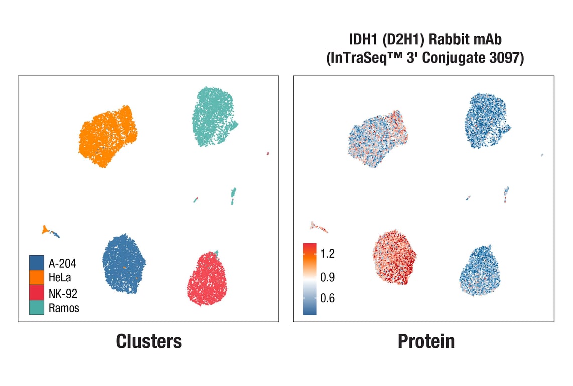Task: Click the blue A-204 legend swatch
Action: pyautogui.click(x=36, y=262)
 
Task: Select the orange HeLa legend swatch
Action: pyautogui.click(x=36, y=277)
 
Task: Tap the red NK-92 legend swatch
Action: pyautogui.click(x=36, y=293)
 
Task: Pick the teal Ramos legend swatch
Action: pyautogui.click(x=36, y=308)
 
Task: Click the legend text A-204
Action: pyautogui.click(x=62, y=262)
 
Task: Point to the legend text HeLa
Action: pyautogui.click(x=60, y=277)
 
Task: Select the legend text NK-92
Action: pyautogui.click(x=63, y=293)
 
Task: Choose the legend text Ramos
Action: pyautogui.click(x=64, y=308)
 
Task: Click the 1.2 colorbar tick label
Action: pyautogui.click(x=327, y=254)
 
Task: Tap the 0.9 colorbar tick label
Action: pyautogui.click(x=327, y=277)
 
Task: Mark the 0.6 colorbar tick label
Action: pyautogui.click(x=327, y=298)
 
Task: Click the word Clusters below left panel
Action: pyautogui.click(x=149, y=341)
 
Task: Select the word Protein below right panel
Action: pyautogui.click(x=426, y=341)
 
